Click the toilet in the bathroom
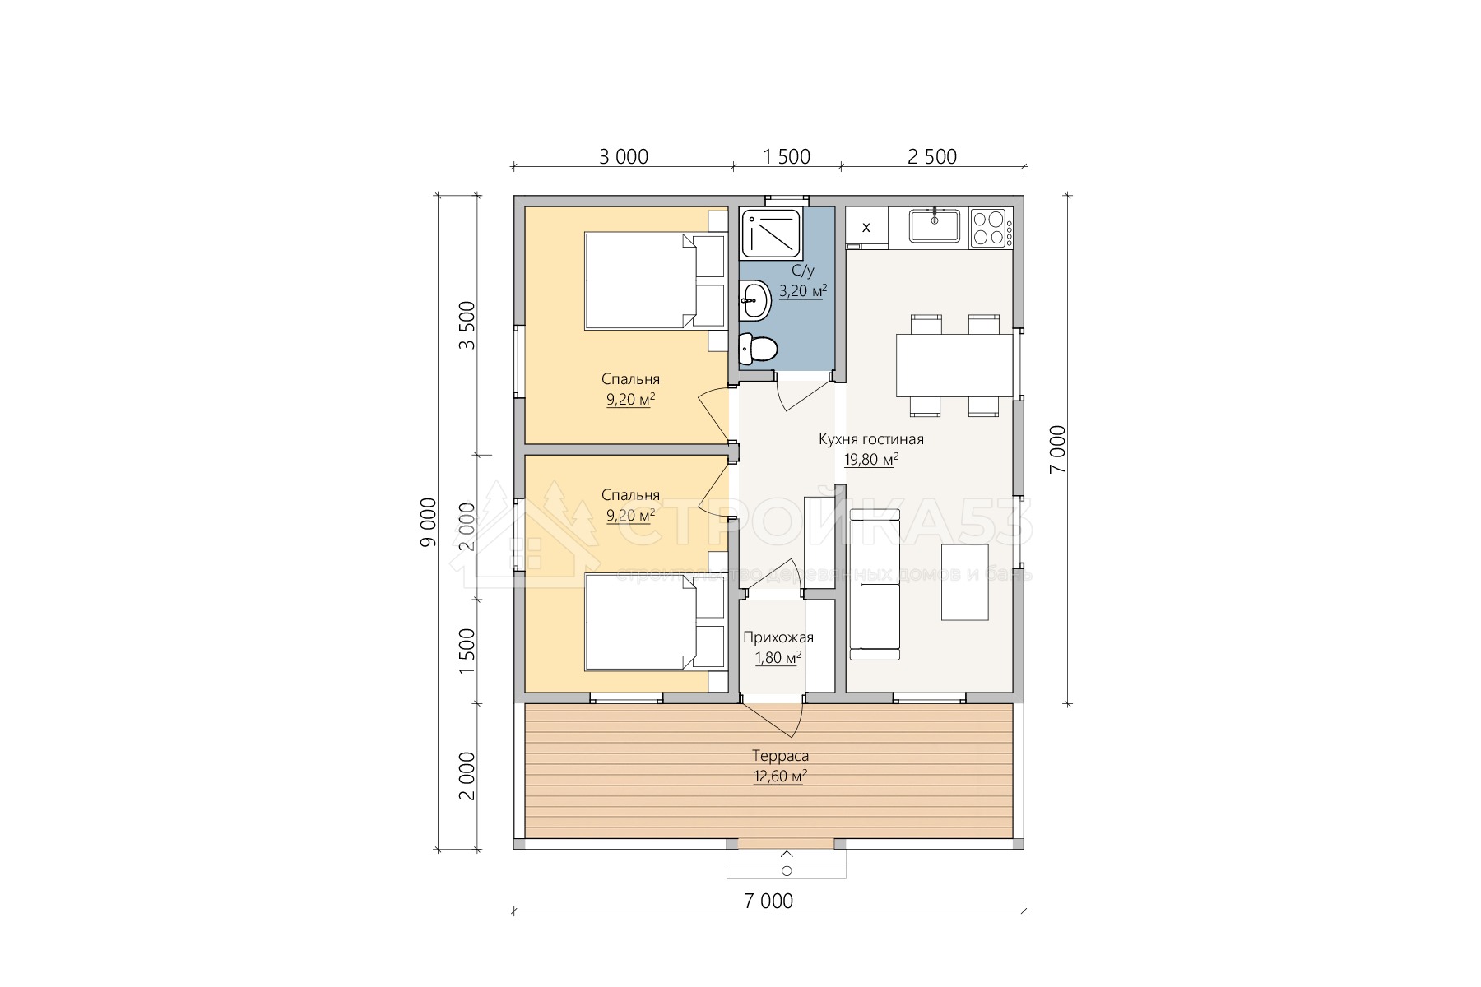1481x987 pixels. point(758,350)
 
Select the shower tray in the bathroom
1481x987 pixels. point(772,234)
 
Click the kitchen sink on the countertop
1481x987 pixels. point(935,226)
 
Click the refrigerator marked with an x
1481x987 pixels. point(866,227)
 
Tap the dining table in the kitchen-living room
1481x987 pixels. point(954,365)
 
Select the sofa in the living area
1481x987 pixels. point(875,584)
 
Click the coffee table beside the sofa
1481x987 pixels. point(964,582)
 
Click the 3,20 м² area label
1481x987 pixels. point(802,290)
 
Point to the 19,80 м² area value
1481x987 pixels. point(871,460)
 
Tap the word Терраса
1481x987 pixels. point(780,756)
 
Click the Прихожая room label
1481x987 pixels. point(778,637)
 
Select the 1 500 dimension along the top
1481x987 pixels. point(787,156)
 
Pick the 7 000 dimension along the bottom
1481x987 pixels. point(768,901)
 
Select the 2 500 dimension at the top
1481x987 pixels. point(932,156)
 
